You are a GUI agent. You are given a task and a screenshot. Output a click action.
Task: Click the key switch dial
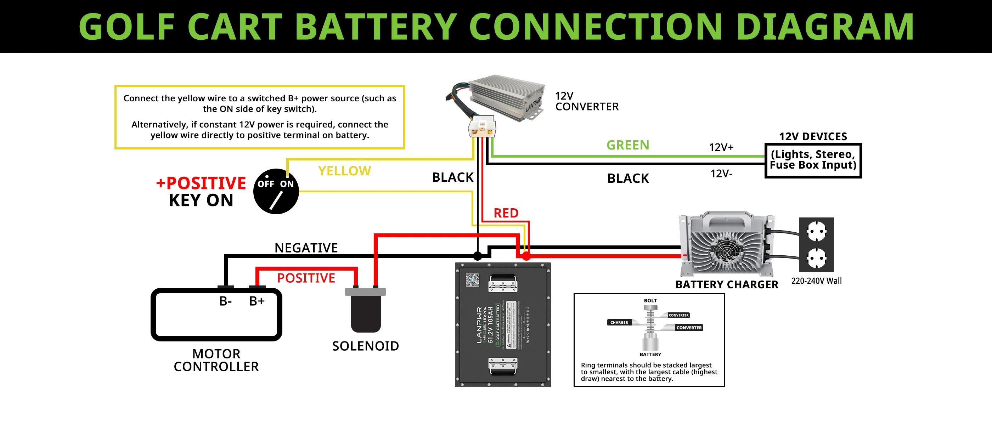(x=276, y=191)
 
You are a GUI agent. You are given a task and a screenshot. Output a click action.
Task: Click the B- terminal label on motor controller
(x=226, y=301)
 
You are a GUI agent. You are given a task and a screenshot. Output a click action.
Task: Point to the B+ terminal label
(x=257, y=301)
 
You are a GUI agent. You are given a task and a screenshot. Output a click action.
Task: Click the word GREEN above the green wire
(x=628, y=145)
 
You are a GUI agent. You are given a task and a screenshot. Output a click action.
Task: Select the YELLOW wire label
(x=344, y=171)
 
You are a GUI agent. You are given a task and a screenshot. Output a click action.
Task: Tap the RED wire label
(x=506, y=213)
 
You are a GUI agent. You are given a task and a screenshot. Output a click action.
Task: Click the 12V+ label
(x=721, y=147)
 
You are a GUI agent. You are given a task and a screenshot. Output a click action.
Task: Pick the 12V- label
(x=721, y=174)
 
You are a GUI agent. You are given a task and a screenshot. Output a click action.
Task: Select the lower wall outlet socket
(x=816, y=257)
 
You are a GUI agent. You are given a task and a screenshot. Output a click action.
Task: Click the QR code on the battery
(x=473, y=280)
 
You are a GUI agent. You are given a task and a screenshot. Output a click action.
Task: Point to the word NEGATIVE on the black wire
(x=306, y=248)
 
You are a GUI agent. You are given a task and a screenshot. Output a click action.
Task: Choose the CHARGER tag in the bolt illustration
(x=619, y=323)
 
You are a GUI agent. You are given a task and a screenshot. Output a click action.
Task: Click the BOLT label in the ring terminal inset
(x=650, y=301)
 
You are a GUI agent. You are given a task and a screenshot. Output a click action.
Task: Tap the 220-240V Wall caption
(x=816, y=281)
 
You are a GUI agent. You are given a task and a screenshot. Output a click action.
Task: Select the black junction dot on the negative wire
(x=478, y=256)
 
